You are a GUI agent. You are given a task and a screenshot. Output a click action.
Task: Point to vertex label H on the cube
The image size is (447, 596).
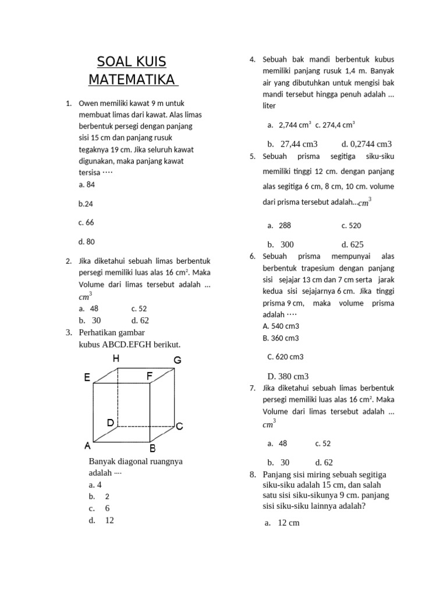tap(116, 359)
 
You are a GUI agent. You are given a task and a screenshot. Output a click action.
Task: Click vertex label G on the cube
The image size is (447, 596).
tap(178, 361)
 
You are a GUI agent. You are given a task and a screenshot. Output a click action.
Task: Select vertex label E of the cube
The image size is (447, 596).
tap(87, 378)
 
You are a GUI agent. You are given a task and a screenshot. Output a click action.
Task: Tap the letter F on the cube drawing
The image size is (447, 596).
tap(150, 377)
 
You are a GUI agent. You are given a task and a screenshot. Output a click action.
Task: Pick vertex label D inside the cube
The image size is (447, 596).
tap(110, 423)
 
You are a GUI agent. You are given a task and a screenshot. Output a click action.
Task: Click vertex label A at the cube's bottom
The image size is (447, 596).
tap(87, 446)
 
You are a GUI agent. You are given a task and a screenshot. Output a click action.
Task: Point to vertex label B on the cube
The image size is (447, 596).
tap(152, 448)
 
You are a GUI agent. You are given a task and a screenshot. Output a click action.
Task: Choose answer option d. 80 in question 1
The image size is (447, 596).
tap(86, 242)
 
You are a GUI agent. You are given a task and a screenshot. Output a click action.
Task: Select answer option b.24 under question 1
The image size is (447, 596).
tap(86, 204)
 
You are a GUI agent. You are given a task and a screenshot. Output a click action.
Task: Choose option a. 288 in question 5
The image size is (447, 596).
tap(279, 225)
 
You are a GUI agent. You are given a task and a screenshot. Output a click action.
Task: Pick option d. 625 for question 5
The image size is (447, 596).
tap(352, 244)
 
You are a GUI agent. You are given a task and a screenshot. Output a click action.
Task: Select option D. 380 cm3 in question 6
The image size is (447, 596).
tap(288, 376)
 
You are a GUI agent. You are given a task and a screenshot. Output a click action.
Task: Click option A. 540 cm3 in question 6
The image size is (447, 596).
tap(281, 326)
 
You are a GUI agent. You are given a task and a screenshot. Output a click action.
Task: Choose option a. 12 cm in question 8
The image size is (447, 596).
tap(282, 523)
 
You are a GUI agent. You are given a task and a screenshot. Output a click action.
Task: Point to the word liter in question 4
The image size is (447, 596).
tap(269, 105)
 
